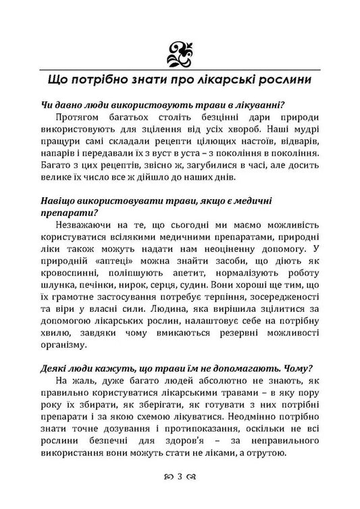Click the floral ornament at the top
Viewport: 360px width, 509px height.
179,51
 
